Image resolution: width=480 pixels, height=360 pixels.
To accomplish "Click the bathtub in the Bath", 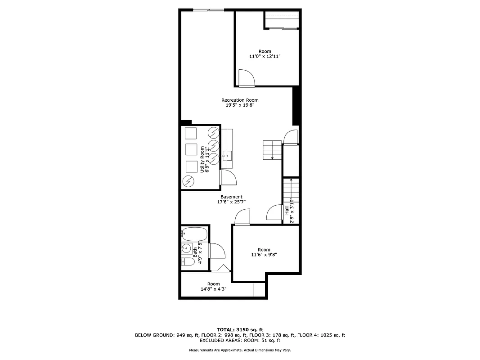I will [195, 234].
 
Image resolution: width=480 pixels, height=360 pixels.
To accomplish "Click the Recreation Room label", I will [240, 100].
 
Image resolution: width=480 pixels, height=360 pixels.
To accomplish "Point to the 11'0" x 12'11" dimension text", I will [265, 57].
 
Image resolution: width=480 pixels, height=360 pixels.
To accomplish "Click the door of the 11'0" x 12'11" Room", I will [247, 77].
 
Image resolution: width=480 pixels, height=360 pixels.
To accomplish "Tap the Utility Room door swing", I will [229, 177].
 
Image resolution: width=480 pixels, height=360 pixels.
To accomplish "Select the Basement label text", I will [231, 197].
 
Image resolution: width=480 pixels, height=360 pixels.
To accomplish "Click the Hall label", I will [287, 210].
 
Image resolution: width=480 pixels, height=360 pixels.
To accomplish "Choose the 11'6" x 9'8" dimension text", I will [264, 255].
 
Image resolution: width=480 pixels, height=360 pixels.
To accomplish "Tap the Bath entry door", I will [217, 250].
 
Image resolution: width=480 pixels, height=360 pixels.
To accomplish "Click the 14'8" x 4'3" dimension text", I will [213, 289].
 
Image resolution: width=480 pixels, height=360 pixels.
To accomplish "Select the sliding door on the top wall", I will [208, 9].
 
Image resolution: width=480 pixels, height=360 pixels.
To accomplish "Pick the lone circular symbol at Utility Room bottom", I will [188, 181].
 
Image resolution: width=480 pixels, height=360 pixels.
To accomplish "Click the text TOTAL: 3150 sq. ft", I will [240, 329].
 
